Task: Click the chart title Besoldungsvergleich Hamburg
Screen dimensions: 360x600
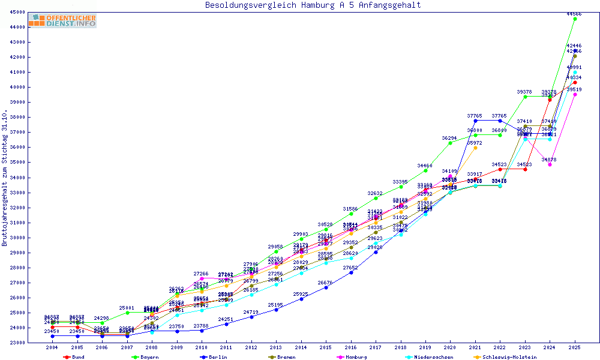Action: click(x=313, y=5)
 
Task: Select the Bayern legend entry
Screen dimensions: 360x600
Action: click(x=145, y=357)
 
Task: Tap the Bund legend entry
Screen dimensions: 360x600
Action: click(x=74, y=357)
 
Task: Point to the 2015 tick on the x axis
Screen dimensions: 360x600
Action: click(x=326, y=347)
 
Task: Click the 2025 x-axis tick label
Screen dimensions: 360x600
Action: click(x=575, y=347)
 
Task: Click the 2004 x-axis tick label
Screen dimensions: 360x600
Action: click(x=53, y=347)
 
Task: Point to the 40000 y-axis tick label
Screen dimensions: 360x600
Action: click(x=16, y=87)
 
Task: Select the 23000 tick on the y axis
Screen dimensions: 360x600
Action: click(x=16, y=343)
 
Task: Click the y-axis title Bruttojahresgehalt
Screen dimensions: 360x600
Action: click(x=5, y=178)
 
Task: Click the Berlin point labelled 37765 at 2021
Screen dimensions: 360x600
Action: click(x=475, y=121)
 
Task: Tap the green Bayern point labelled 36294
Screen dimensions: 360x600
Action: click(x=450, y=143)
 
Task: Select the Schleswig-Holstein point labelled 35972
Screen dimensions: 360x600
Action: click(x=475, y=148)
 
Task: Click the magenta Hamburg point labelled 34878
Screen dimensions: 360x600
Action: click(x=550, y=164)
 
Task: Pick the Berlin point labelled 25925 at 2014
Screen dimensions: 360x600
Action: click(x=301, y=299)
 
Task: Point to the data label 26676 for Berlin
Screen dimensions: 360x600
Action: click(x=326, y=282)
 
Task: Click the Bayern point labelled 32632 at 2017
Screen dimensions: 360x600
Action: click(x=376, y=198)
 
